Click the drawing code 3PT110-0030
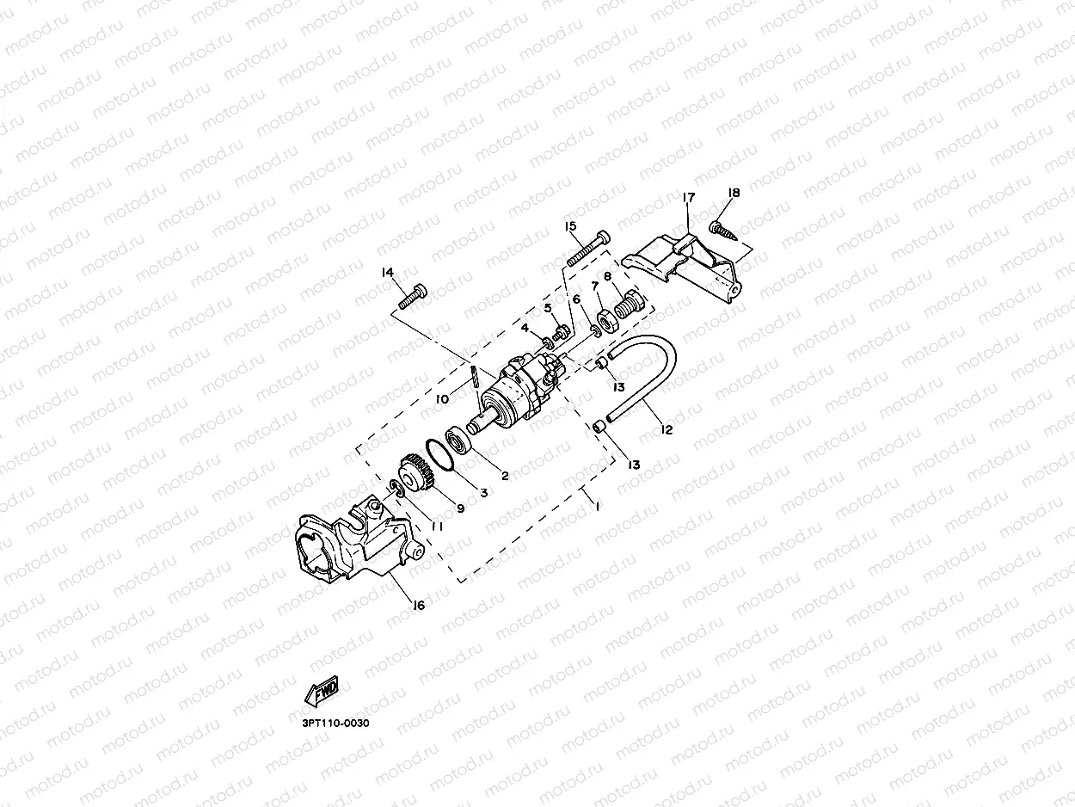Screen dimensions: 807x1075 (x=335, y=723)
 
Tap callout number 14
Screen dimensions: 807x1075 (x=387, y=273)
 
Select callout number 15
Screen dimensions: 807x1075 (x=570, y=226)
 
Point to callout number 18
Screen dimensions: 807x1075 (x=734, y=193)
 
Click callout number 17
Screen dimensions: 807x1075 (x=688, y=198)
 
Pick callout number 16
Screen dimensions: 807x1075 (x=419, y=606)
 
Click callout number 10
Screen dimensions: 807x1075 (x=442, y=398)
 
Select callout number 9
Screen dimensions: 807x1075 (x=460, y=508)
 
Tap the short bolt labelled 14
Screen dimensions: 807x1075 (x=413, y=295)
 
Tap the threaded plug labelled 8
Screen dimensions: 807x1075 (x=630, y=303)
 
